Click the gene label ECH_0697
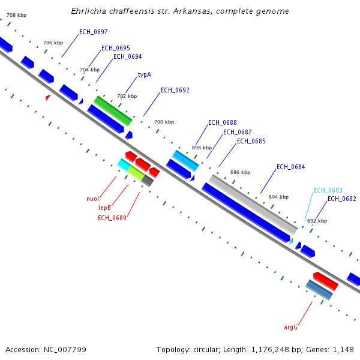(x=93, y=32)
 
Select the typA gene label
(x=144, y=75)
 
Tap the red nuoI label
(x=92, y=199)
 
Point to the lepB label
(x=105, y=208)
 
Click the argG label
(x=291, y=327)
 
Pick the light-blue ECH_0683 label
(x=328, y=190)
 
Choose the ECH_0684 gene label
(x=290, y=167)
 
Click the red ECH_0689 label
(x=112, y=218)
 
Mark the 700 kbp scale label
(x=164, y=122)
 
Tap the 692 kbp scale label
(x=317, y=221)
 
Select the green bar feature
(x=112, y=110)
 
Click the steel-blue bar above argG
(x=319, y=290)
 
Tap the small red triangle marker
(x=48, y=97)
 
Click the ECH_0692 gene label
(x=175, y=91)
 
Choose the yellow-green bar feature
(x=136, y=173)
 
